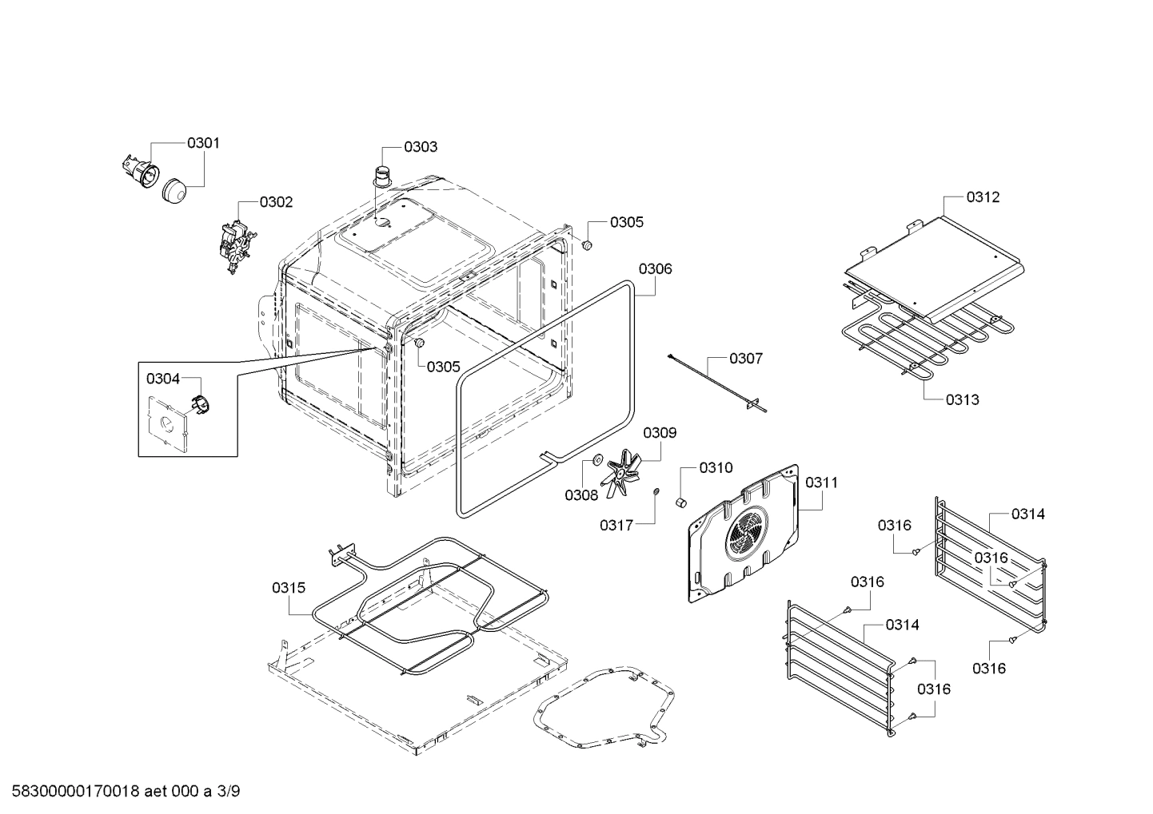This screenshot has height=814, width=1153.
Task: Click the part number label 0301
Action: tap(203, 144)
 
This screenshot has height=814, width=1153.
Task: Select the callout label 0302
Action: tap(277, 202)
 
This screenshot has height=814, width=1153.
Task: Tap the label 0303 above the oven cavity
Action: tap(420, 147)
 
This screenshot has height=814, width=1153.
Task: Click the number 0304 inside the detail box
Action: tap(162, 379)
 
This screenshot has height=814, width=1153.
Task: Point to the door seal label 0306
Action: tap(655, 268)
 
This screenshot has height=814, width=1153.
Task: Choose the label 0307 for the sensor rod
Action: tap(745, 359)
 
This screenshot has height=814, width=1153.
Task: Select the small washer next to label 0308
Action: tap(596, 461)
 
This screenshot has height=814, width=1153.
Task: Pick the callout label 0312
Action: tap(983, 197)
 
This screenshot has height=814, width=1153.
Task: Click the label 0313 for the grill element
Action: tap(962, 399)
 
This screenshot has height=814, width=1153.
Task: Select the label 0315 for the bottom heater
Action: tap(288, 588)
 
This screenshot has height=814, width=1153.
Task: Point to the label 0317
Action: tap(616, 525)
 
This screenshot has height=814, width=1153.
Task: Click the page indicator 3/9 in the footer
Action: tap(228, 792)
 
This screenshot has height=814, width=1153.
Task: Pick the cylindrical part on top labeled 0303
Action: tap(384, 175)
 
